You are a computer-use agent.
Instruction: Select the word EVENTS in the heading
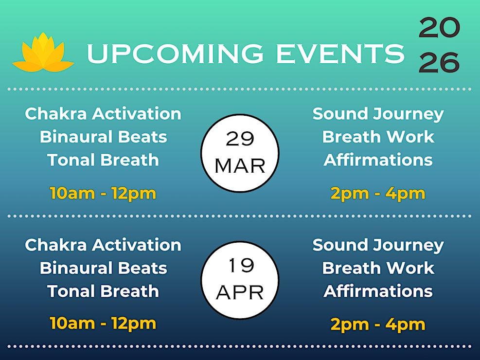340,53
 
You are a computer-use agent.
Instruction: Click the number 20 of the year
439,28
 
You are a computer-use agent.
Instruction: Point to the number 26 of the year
439,62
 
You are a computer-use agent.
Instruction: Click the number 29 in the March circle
240,139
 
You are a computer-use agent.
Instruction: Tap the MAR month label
240,166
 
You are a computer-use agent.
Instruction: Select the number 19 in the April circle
241,265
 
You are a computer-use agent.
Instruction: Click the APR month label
240,293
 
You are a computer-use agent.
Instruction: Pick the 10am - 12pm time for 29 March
103,194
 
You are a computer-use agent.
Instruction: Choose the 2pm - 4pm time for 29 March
378,194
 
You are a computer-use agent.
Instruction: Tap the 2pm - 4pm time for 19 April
378,324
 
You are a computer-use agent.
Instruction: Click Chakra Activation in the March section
103,113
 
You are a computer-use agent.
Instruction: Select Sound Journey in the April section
378,246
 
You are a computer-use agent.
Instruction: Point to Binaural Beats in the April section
104,268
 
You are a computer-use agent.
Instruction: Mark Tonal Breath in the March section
103,160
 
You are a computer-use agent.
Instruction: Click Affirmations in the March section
378,160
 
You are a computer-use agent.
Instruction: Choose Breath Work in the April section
378,268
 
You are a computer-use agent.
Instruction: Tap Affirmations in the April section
378,291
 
